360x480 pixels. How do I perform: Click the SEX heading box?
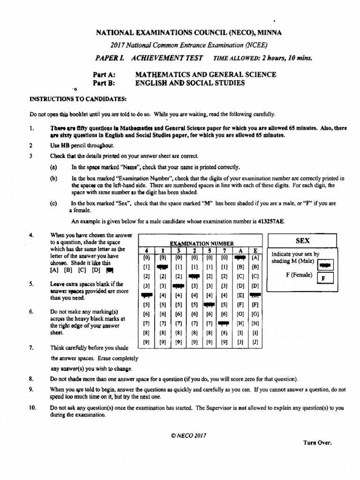pyautogui.click(x=303, y=240)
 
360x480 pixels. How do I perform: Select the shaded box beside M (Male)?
pyautogui.click(x=324, y=265)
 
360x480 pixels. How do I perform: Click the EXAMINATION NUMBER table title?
pyautogui.click(x=202, y=243)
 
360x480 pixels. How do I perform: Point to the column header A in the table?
pyautogui.click(x=240, y=250)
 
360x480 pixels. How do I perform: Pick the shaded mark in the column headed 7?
pyautogui.click(x=224, y=323)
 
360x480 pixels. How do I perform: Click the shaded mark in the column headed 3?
pyautogui.click(x=179, y=285)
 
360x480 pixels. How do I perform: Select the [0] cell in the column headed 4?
pyautogui.click(x=146, y=257)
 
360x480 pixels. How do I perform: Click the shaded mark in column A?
pyautogui.click(x=240, y=257)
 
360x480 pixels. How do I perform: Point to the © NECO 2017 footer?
pyautogui.click(x=188, y=435)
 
